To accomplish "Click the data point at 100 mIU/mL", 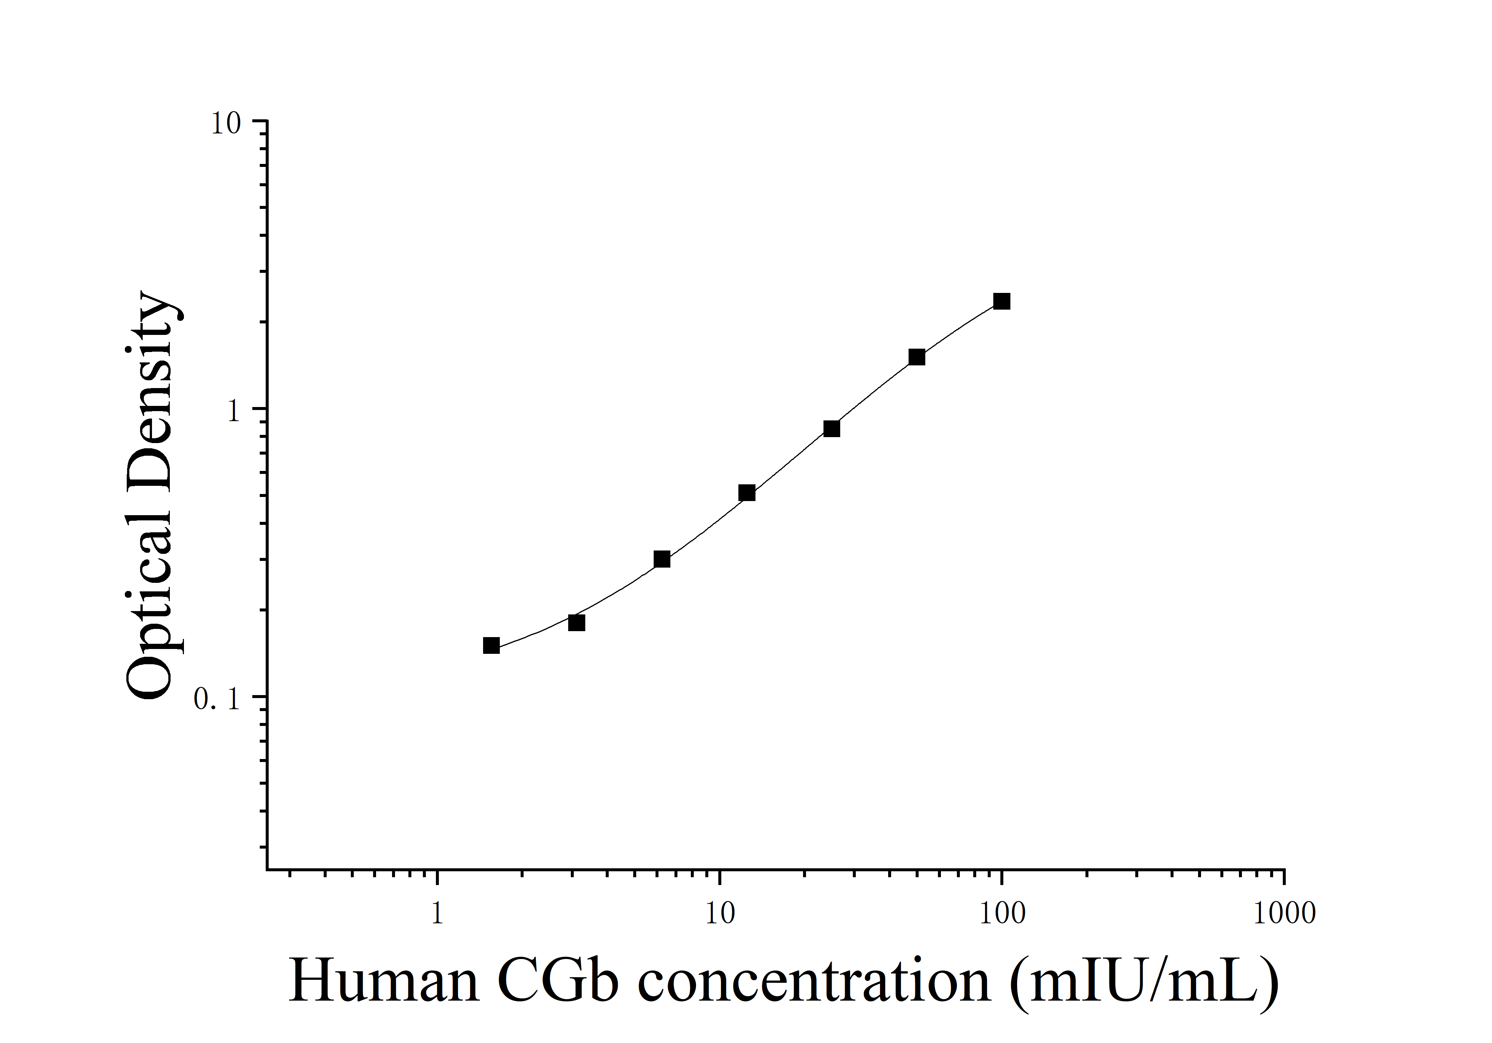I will pos(1001,301).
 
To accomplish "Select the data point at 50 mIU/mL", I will pos(916,357).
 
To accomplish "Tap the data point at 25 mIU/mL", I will pos(831,428).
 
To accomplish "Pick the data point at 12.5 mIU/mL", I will pos(747,493).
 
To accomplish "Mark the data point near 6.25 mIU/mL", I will pos(661,559).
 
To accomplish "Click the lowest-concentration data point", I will pos(491,645).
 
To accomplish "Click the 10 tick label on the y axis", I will pos(226,123).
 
